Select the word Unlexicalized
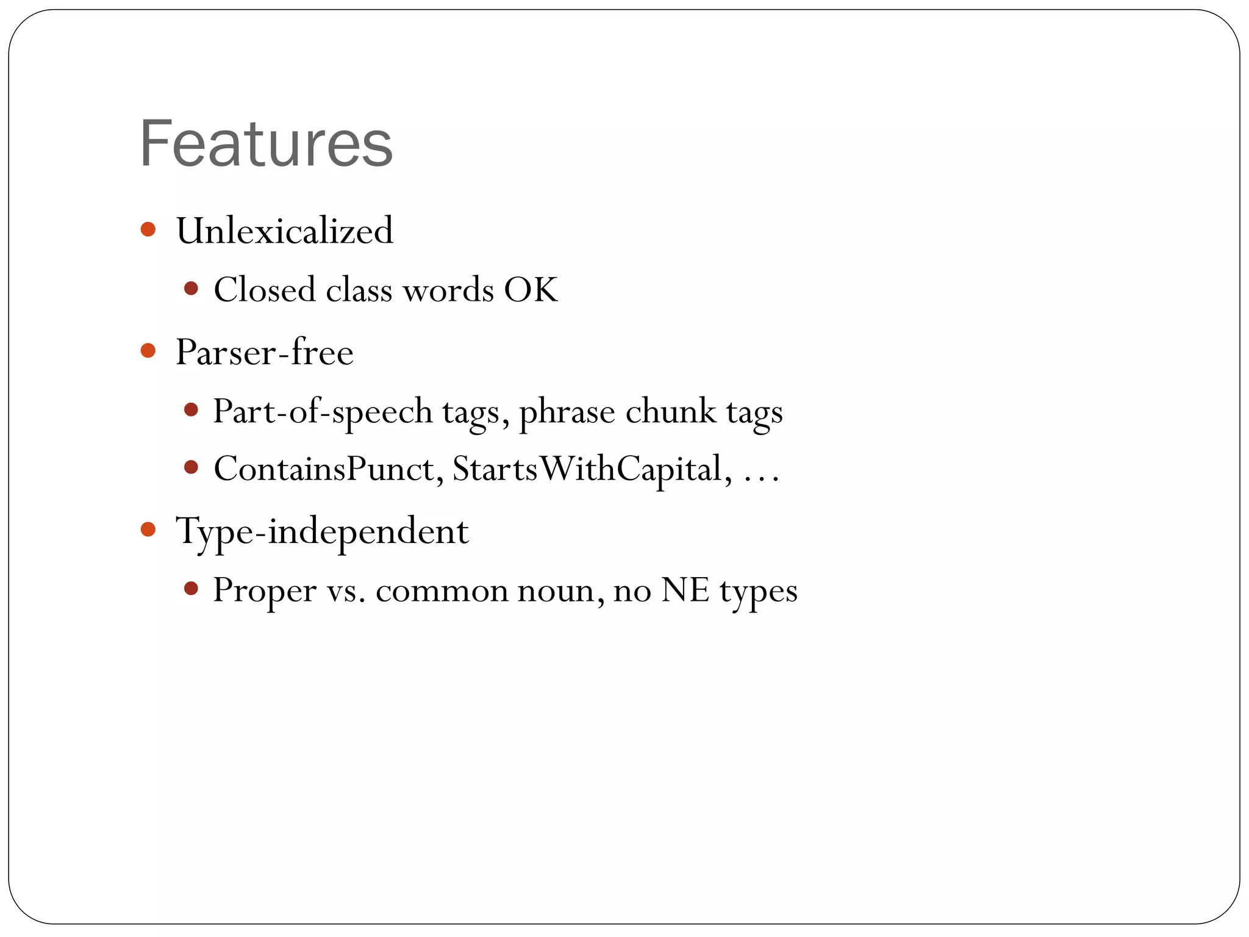[x=284, y=231]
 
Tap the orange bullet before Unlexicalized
[x=148, y=229]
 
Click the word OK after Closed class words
[x=531, y=289]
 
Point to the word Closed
[x=264, y=289]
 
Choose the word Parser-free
[x=264, y=352]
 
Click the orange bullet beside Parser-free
[x=148, y=351]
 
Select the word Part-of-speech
[x=323, y=411]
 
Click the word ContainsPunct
[x=328, y=468]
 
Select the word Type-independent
[x=322, y=531]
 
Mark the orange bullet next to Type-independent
[x=148, y=529]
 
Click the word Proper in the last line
[x=264, y=590]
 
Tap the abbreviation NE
[x=685, y=590]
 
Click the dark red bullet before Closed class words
[x=191, y=288]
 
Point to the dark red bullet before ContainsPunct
[x=191, y=467]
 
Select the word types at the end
[x=758, y=591]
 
